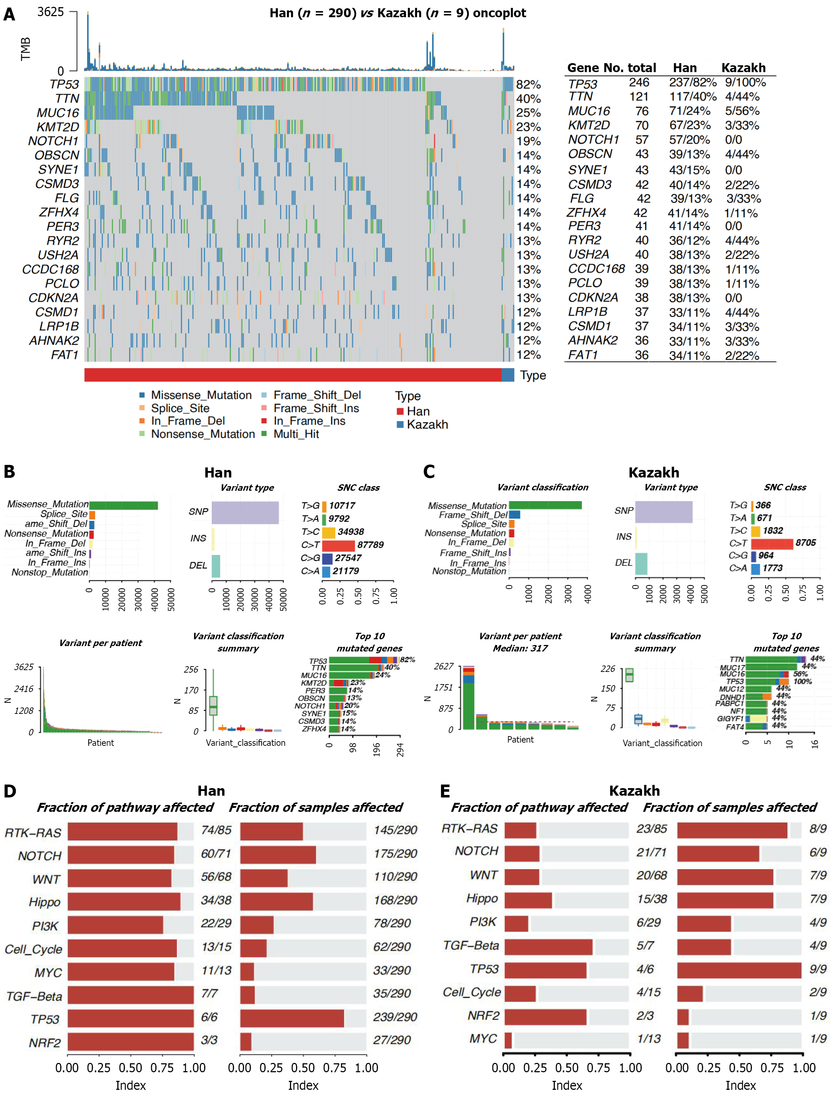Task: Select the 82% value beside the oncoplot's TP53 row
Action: [528, 85]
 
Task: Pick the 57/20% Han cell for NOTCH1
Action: [689, 140]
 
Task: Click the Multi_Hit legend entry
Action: [296, 434]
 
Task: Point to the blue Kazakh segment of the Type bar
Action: [507, 375]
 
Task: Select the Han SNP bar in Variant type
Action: [245, 512]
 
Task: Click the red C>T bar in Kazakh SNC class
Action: [772, 543]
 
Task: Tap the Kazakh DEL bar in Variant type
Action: [641, 563]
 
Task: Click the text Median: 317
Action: [520, 648]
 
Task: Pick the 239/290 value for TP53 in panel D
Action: [395, 1017]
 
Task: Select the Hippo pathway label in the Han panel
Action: [45, 902]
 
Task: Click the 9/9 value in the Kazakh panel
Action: [818, 969]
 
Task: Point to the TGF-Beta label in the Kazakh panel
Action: [471, 946]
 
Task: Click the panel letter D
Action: [10, 791]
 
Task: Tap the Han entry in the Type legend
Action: [418, 411]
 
